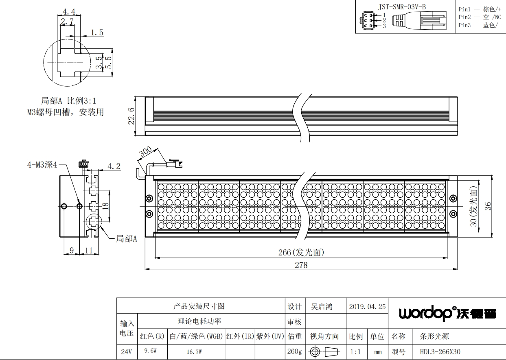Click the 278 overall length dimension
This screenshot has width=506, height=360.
click(301, 265)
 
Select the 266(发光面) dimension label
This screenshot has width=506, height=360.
click(301, 253)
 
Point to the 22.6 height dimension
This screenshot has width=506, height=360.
click(131, 116)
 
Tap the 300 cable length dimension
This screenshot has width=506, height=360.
click(145, 152)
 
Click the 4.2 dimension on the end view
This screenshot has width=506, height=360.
click(114, 166)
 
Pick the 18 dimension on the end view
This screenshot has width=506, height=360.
click(105, 206)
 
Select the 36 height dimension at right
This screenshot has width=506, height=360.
click(488, 206)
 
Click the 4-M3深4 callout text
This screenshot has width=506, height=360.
click(42, 165)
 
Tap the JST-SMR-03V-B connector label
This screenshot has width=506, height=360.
click(402, 7)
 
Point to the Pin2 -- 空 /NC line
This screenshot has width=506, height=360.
click(480, 17)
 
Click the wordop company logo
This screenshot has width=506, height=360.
click(447, 313)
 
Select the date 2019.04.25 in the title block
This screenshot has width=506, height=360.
click(367, 306)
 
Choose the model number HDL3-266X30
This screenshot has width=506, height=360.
click(440, 351)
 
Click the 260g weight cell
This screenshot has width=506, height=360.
click(295, 351)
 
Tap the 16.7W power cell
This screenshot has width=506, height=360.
click(194, 351)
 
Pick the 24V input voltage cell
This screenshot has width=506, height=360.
click(126, 351)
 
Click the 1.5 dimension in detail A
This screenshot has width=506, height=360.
click(97, 33)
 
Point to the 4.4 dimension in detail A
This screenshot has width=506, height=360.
click(69, 11)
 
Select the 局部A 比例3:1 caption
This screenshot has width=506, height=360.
click(68, 100)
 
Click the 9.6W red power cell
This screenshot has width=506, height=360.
click(150, 351)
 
